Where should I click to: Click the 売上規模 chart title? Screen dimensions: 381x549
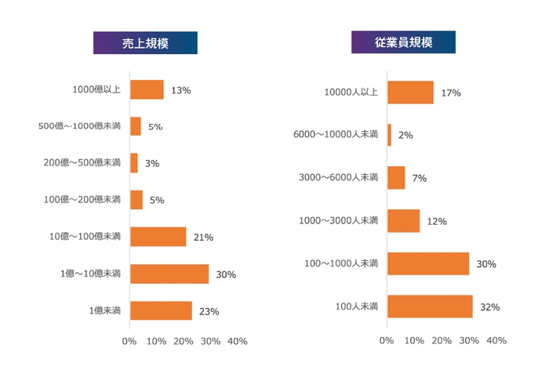145,43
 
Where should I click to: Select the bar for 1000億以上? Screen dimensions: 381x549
147,89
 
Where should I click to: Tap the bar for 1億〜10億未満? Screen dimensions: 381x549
169,274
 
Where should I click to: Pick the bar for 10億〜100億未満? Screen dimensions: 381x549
158,237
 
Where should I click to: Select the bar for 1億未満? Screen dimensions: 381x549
161,310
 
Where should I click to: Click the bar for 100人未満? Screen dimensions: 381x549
430,307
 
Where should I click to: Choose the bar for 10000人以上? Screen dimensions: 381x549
410,93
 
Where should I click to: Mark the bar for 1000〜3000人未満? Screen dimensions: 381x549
403,221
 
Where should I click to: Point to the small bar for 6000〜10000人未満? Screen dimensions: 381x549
389,135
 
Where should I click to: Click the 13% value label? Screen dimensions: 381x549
180,90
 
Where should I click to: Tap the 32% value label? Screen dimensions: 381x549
490,307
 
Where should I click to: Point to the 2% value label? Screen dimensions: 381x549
405,135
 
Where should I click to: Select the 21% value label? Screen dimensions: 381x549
203,237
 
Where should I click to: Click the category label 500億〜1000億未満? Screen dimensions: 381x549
79,126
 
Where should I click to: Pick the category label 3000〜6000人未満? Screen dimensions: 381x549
339,178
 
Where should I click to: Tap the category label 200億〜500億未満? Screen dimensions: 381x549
82,163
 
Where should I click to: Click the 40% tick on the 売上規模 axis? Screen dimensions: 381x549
237,341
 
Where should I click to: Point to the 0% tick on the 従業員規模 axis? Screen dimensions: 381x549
387,341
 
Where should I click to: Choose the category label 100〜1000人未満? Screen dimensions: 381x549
341,263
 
